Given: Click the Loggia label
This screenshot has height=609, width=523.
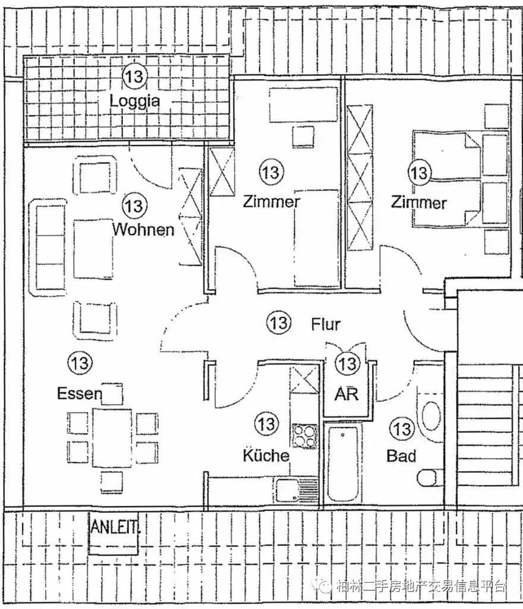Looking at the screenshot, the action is pyautogui.click(x=135, y=102).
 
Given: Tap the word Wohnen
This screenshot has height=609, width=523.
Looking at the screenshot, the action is pyautogui.click(x=144, y=229).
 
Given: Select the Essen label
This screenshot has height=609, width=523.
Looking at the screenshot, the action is pyautogui.click(x=79, y=393).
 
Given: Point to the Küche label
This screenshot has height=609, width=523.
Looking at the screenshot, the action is pyautogui.click(x=266, y=455).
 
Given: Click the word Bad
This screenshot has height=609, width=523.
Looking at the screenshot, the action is pyautogui.click(x=401, y=456).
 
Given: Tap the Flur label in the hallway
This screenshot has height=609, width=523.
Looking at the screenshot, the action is pyautogui.click(x=326, y=324).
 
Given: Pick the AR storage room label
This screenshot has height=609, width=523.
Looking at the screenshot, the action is pyautogui.click(x=347, y=394).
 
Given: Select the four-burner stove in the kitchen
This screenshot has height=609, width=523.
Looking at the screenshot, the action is pyautogui.click(x=305, y=436).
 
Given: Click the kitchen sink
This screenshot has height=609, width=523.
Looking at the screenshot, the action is pyautogui.click(x=297, y=490).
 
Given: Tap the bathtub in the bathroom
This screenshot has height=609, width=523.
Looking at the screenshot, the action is pyautogui.click(x=342, y=465).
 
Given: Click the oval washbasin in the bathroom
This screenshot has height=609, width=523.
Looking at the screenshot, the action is pyautogui.click(x=431, y=416).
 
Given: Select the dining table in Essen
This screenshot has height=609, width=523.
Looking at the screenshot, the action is pyautogui.click(x=112, y=437).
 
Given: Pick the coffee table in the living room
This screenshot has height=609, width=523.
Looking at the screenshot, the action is pyautogui.click(x=93, y=249).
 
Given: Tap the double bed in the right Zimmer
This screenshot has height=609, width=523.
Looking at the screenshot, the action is pyautogui.click(x=460, y=179).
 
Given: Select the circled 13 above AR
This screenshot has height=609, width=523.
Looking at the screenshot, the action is pyautogui.click(x=347, y=364).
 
